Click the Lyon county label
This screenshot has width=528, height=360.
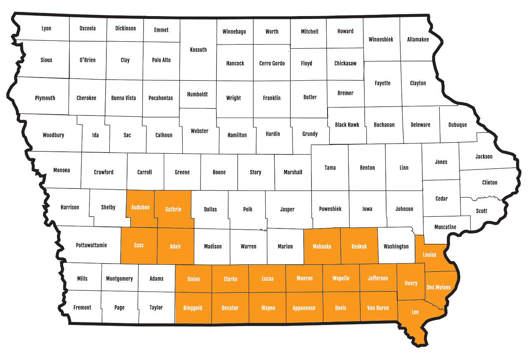pyautogui.click(x=47, y=28)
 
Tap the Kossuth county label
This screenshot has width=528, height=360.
pyautogui.click(x=198, y=50)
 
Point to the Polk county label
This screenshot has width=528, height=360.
pyautogui.click(x=247, y=209)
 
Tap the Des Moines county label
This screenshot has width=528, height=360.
pyautogui.click(x=438, y=287)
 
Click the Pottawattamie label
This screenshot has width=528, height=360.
pyautogui.click(x=92, y=245)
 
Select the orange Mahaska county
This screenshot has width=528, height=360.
pyautogui.click(x=322, y=247)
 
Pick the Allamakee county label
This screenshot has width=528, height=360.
pyautogui.click(x=418, y=40)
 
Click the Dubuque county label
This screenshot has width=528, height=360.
pyautogui.click(x=457, y=125)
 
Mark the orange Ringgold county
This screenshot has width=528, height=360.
pyautogui.click(x=193, y=308)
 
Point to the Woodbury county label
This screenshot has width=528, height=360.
pyautogui.click(x=54, y=135)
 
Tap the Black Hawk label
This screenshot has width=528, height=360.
pyautogui.click(x=347, y=125)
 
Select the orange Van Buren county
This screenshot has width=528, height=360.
pyautogui.click(x=378, y=308)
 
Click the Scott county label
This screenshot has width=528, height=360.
pyautogui.click(x=481, y=211)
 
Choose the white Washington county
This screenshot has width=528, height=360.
pyautogui.click(x=396, y=246)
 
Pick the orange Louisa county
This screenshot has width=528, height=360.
pyautogui.click(x=429, y=254)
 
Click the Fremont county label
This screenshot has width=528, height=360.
pyautogui.click(x=82, y=307)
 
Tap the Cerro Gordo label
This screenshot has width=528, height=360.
pyautogui.click(x=272, y=64)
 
